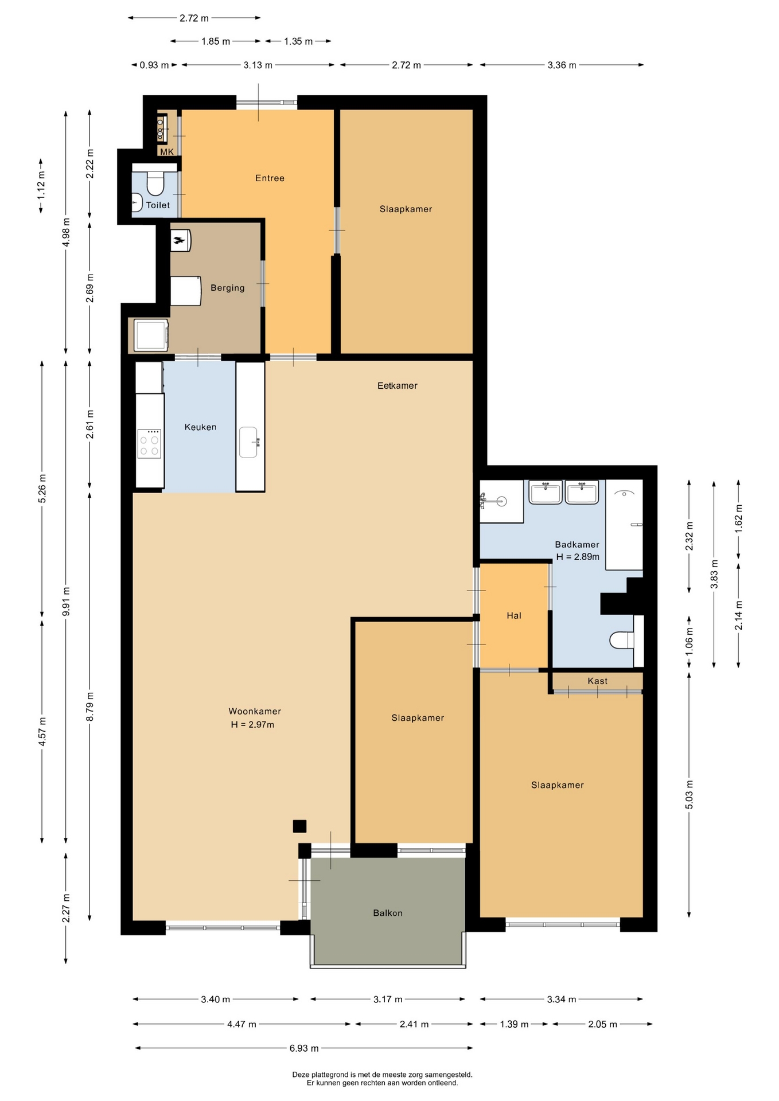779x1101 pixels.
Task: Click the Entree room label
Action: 270,178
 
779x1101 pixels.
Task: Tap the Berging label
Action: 227,288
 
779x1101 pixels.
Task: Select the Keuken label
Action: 200,427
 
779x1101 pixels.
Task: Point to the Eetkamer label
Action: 397,386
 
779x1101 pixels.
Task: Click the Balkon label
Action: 388,913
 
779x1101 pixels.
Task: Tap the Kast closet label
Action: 597,681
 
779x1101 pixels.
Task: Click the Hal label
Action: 513,616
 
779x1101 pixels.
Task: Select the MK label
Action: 166,152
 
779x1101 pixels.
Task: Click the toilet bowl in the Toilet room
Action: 155,183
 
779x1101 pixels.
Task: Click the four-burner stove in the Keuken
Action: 149,444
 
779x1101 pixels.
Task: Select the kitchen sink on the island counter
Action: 248,442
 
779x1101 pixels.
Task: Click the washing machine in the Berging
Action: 151,335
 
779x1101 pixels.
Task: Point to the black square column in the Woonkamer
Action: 299,826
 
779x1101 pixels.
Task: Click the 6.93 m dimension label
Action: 304,1048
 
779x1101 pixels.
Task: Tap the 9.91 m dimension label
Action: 66,602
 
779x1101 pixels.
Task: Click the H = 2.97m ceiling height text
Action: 252,725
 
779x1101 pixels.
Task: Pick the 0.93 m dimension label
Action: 154,65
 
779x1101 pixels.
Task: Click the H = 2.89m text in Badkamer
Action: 578,557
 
